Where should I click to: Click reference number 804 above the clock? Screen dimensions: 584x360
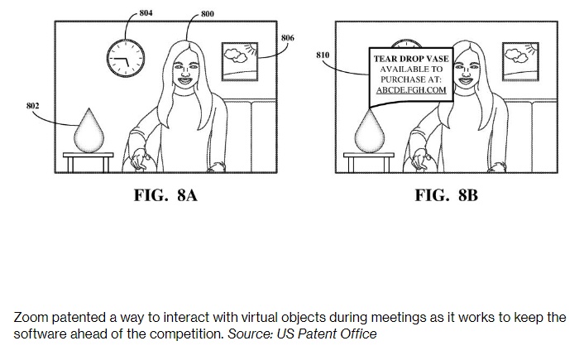pyautogui.click(x=146, y=13)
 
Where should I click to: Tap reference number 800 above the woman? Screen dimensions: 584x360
pyautogui.click(x=208, y=14)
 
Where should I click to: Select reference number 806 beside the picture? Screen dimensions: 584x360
pyautogui.click(x=288, y=38)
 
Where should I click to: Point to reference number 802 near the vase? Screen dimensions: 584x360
pyautogui.click(x=33, y=106)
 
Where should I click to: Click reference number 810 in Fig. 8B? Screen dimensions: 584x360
pyautogui.click(x=323, y=55)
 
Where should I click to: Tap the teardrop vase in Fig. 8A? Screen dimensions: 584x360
pyautogui.click(x=89, y=131)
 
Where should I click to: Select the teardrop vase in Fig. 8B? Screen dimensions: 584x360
pyautogui.click(x=370, y=131)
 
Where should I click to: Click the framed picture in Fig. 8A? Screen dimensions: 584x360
pyautogui.click(x=240, y=61)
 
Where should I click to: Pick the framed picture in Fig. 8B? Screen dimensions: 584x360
pyautogui.click(x=520, y=61)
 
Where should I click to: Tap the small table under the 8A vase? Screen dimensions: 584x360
pyautogui.click(x=89, y=161)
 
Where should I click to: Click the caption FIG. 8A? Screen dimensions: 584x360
pyautogui.click(x=165, y=195)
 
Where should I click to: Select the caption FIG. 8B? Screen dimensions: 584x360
pyautogui.click(x=447, y=195)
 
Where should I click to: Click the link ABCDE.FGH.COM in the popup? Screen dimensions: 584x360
pyautogui.click(x=411, y=90)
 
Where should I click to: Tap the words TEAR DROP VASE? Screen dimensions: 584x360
pyautogui.click(x=411, y=59)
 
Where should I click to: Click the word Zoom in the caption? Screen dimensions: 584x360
pyautogui.click(x=31, y=318)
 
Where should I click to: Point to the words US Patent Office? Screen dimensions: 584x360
pyautogui.click(x=326, y=334)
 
